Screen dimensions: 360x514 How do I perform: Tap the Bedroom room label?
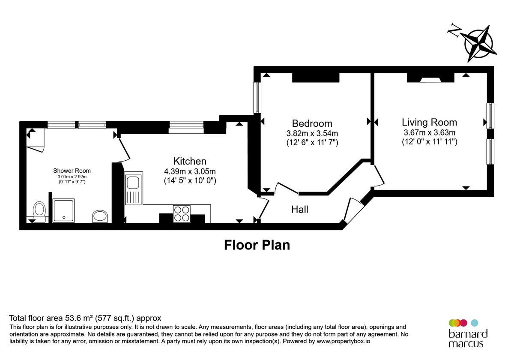click(312, 123)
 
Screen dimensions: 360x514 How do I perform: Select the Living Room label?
click(429, 122)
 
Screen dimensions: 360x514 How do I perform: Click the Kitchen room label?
click(190, 161)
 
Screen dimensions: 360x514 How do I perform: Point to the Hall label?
click(299, 210)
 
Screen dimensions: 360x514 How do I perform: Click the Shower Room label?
click(72, 171)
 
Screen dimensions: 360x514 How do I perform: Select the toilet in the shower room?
click(39, 211)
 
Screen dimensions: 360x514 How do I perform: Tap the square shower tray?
click(64, 210)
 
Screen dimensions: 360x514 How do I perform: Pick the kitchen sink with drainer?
click(133, 189)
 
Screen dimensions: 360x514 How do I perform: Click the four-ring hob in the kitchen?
click(181, 213)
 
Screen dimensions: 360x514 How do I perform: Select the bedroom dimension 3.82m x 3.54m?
click(312, 133)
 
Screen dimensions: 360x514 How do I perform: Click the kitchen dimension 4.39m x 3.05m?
click(190, 171)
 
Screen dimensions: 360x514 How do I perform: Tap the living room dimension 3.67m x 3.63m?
click(429, 132)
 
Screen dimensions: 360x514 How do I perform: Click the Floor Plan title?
click(257, 245)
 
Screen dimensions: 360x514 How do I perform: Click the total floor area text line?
click(85, 318)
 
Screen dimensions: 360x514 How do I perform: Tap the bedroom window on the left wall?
click(257, 98)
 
